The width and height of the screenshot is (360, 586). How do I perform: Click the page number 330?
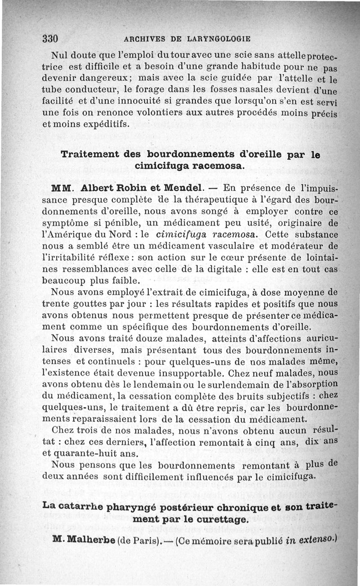tap(51, 38)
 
